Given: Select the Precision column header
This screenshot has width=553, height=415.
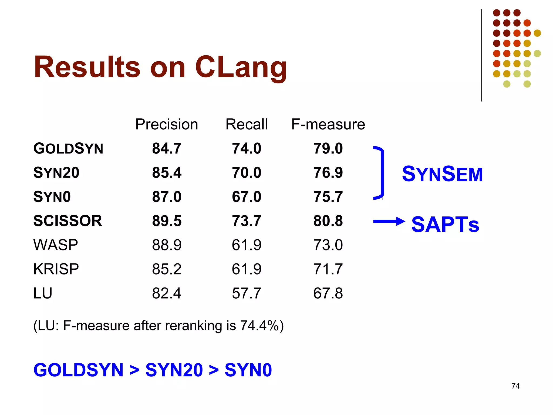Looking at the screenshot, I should pyautogui.click(x=167, y=124).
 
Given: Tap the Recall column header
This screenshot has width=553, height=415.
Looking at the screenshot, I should pyautogui.click(x=247, y=124).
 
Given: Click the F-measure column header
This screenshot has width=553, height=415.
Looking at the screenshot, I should pyautogui.click(x=328, y=124).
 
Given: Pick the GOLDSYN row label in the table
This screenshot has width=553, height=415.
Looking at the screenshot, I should pyautogui.click(x=68, y=149).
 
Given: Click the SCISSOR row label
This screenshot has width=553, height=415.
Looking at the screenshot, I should pyautogui.click(x=68, y=221).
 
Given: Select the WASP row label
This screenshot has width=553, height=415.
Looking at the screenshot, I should pyautogui.click(x=56, y=245).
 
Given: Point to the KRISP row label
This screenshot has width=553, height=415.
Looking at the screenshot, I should pyautogui.click(x=56, y=269).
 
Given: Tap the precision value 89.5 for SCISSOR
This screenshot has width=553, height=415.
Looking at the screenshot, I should pyautogui.click(x=167, y=221).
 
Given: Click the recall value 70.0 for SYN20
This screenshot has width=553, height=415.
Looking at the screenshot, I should pyautogui.click(x=247, y=173).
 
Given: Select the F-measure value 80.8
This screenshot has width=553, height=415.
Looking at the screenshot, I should pyautogui.click(x=328, y=221).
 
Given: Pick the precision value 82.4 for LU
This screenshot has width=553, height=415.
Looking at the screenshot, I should pyautogui.click(x=167, y=293).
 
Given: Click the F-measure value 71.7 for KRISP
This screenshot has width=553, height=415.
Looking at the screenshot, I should pyautogui.click(x=328, y=269).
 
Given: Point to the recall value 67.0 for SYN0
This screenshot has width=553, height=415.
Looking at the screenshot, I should pyautogui.click(x=247, y=197).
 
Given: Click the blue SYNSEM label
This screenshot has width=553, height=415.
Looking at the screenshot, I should pyautogui.click(x=442, y=174).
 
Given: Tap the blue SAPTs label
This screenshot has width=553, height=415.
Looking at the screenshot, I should pyautogui.click(x=445, y=225).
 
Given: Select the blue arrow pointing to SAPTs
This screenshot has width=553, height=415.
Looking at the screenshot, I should pyautogui.click(x=389, y=222).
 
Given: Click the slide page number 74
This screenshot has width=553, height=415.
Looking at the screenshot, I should pyautogui.click(x=515, y=386).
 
